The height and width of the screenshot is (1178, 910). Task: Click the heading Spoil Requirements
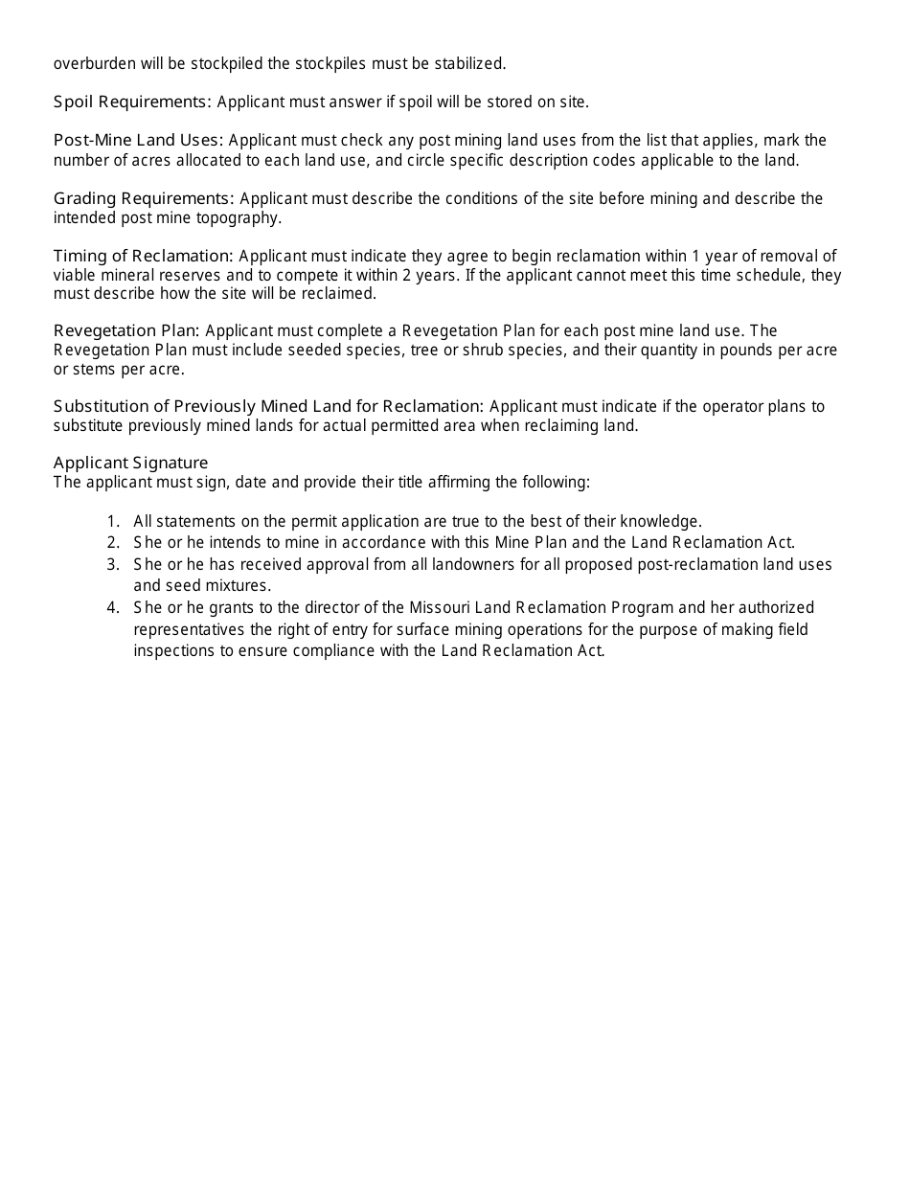(132, 102)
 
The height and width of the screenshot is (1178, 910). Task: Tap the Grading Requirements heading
(144, 198)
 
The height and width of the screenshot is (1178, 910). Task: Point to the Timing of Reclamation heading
(144, 256)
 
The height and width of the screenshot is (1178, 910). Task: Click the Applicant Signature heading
(130, 464)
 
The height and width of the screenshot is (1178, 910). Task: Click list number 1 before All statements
(113, 522)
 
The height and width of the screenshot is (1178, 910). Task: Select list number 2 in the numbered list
(113, 543)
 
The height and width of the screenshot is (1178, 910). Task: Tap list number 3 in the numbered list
(113, 565)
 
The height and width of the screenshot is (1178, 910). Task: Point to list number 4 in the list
(113, 607)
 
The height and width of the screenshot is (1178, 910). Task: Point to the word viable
(75, 275)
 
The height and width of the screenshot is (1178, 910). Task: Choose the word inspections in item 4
(173, 651)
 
